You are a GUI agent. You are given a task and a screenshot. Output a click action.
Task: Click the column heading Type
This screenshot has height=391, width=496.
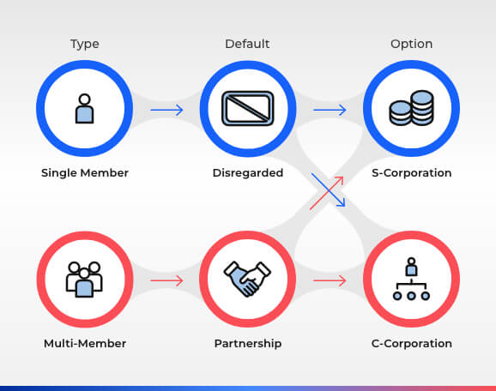click(x=84, y=44)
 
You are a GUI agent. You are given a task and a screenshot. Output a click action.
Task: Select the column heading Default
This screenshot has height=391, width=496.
click(x=247, y=44)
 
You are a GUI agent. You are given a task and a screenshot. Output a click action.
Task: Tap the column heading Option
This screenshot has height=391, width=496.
click(x=412, y=44)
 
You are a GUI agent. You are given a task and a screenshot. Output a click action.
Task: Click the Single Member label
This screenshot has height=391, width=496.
click(x=85, y=173)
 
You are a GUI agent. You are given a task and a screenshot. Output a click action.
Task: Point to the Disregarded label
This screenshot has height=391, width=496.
click(x=248, y=173)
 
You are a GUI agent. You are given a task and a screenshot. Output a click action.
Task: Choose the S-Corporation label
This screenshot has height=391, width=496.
click(x=412, y=173)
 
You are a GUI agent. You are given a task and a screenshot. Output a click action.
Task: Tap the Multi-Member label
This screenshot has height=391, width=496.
click(x=85, y=343)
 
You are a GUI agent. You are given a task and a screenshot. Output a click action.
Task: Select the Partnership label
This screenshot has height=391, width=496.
click(x=248, y=344)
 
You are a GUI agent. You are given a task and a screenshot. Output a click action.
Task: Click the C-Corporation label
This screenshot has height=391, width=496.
click(x=412, y=344)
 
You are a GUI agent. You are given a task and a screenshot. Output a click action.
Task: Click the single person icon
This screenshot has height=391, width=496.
click(x=84, y=108)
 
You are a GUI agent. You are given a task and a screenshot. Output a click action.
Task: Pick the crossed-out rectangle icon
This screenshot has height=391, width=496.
click(x=248, y=108)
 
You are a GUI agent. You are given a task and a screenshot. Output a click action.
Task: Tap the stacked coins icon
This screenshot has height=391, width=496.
click(x=411, y=108)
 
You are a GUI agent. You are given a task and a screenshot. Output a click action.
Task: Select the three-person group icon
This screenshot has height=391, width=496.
click(x=84, y=280)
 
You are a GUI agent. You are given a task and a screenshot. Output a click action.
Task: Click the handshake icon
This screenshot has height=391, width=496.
click(x=247, y=280)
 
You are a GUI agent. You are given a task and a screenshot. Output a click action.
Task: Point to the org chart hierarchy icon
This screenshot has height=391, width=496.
click(x=411, y=279)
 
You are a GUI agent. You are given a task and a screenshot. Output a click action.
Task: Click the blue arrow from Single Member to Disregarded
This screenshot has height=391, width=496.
click(x=166, y=110)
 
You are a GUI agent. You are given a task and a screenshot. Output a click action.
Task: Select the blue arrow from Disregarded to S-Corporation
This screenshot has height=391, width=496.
click(x=330, y=110)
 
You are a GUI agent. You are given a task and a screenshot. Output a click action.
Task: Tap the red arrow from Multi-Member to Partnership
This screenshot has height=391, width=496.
click(x=166, y=280)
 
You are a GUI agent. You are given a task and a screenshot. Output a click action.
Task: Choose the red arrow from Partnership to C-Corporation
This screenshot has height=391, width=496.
click(x=330, y=280)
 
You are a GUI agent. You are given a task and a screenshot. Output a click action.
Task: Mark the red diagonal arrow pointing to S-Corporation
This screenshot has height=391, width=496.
click(x=326, y=193)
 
